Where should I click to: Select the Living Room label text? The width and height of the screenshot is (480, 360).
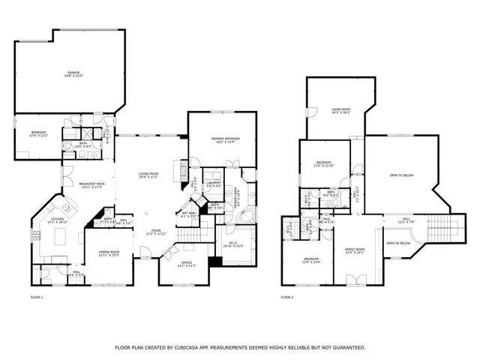(149, 176)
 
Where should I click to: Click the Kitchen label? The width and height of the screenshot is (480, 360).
(58, 220)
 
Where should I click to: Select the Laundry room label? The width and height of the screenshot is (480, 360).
(213, 183)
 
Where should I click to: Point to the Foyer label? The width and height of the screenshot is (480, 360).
(155, 232)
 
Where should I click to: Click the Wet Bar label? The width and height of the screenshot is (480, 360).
(187, 213)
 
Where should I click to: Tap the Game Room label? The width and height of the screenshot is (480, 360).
(341, 112)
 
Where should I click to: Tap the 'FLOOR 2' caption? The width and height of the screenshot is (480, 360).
(287, 298)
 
